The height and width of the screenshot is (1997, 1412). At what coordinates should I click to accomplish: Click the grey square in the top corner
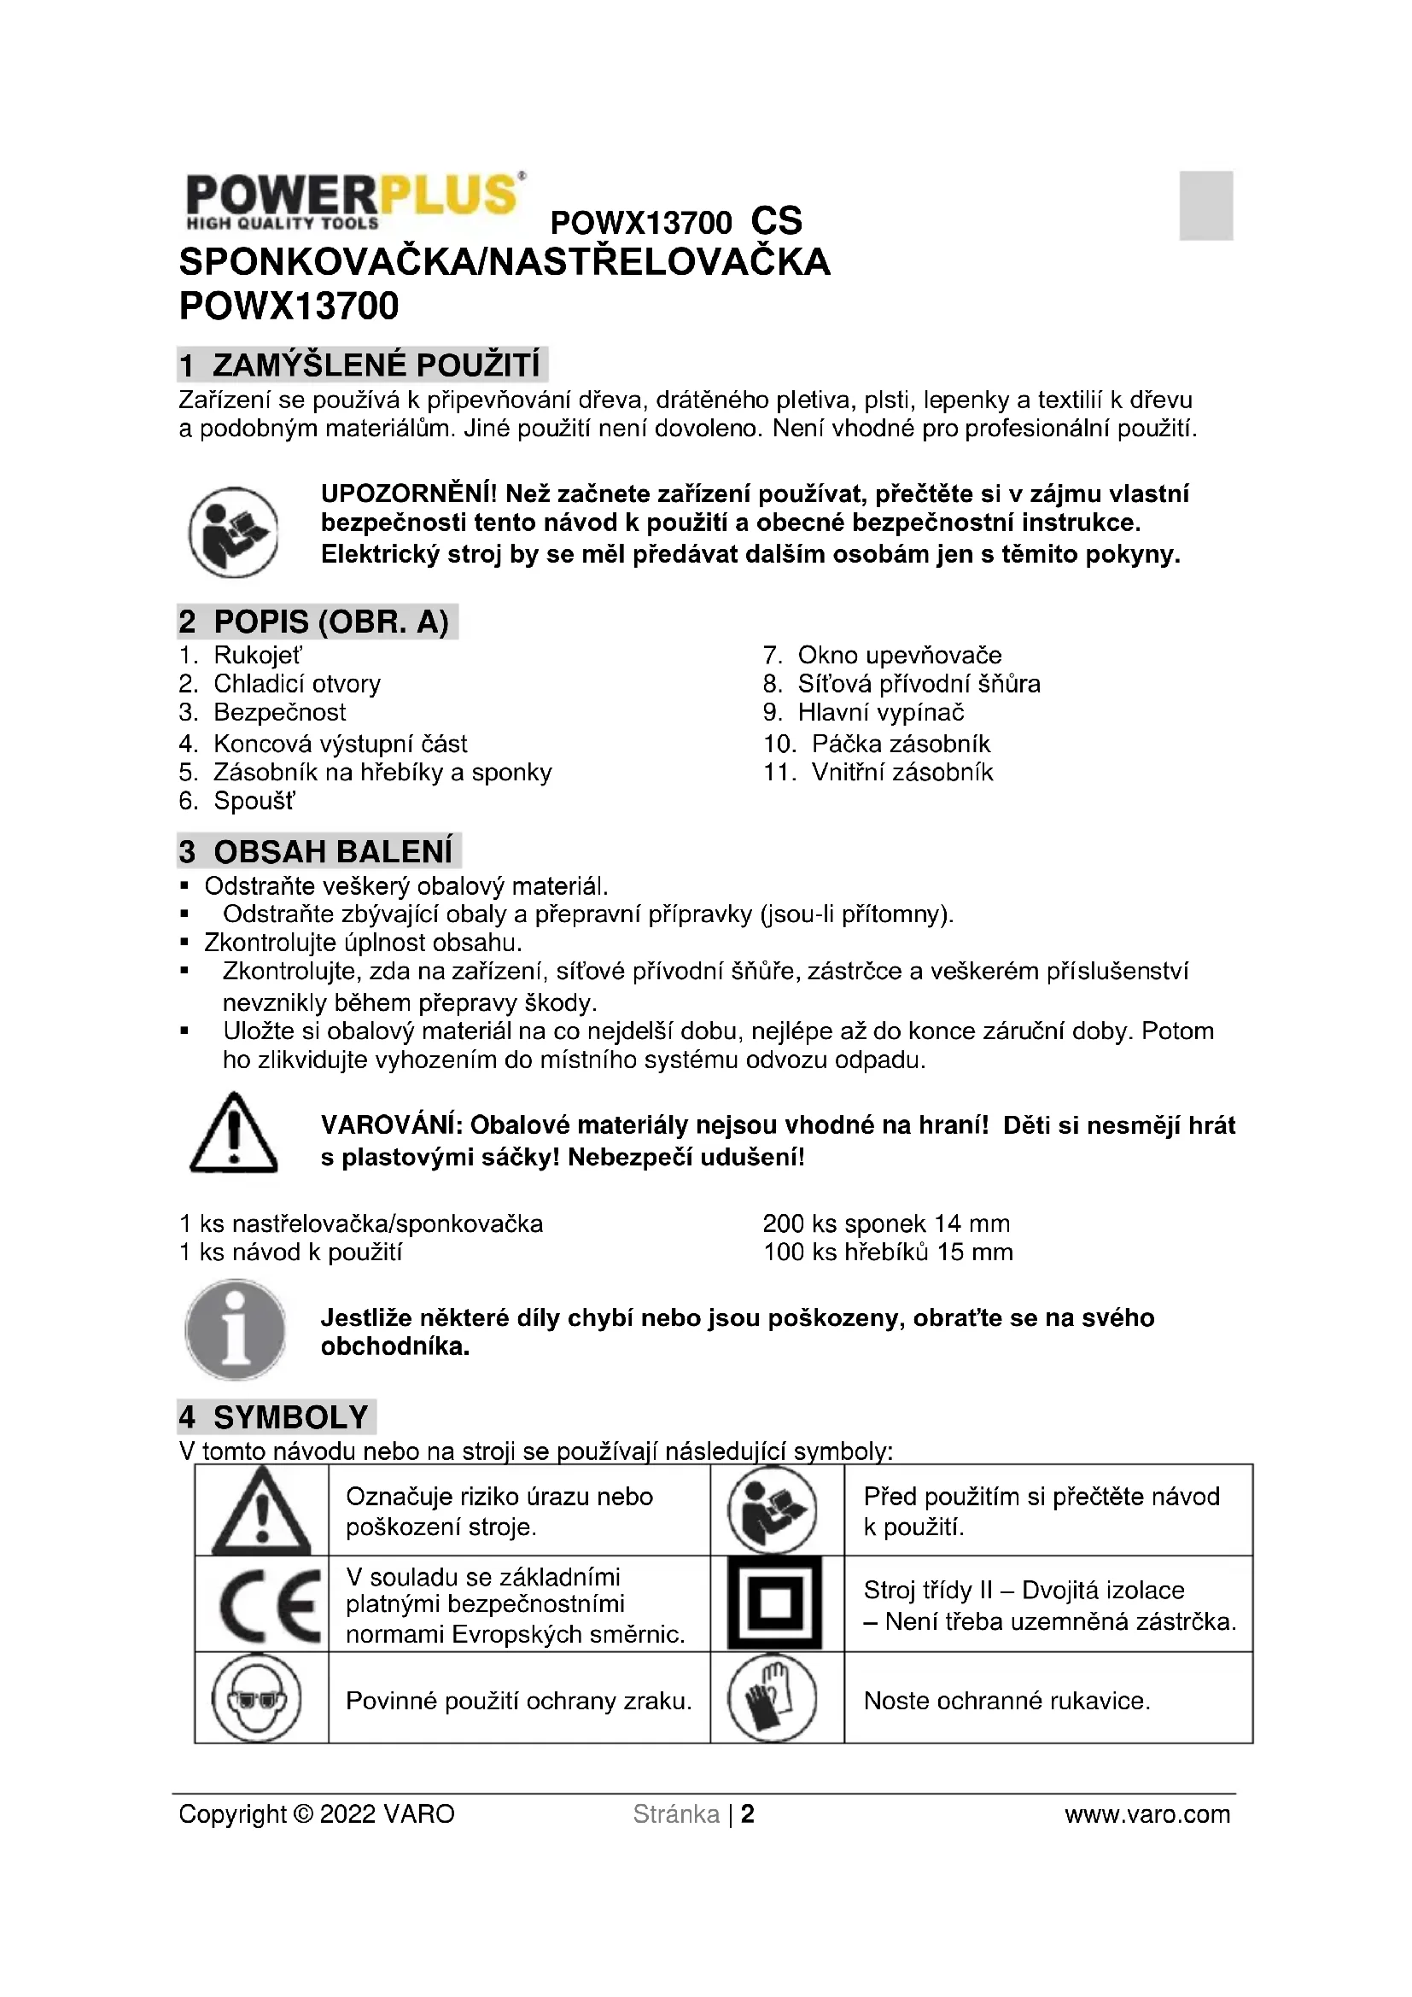pos(1205,205)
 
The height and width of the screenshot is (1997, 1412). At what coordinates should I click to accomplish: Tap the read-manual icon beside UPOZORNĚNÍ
pos(233,531)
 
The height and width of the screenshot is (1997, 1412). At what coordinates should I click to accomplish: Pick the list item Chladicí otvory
pos(296,684)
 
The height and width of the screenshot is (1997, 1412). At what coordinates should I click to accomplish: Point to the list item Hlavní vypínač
pos(881,712)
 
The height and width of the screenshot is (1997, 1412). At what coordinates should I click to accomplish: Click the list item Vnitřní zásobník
pos(901,773)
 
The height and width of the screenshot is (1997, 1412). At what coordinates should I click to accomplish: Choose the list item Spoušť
pos(254,801)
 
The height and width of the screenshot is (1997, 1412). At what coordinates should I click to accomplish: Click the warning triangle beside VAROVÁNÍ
pos(233,1132)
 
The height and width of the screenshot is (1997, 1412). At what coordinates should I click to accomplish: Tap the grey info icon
pos(235,1330)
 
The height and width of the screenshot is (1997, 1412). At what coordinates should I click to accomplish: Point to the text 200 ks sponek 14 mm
pos(886,1223)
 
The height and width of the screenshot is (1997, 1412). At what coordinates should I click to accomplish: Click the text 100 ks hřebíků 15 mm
pos(888,1253)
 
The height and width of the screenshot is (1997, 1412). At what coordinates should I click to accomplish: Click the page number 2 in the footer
pos(747,1814)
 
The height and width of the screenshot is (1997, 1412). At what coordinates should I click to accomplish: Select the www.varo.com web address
pos(1147,1814)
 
